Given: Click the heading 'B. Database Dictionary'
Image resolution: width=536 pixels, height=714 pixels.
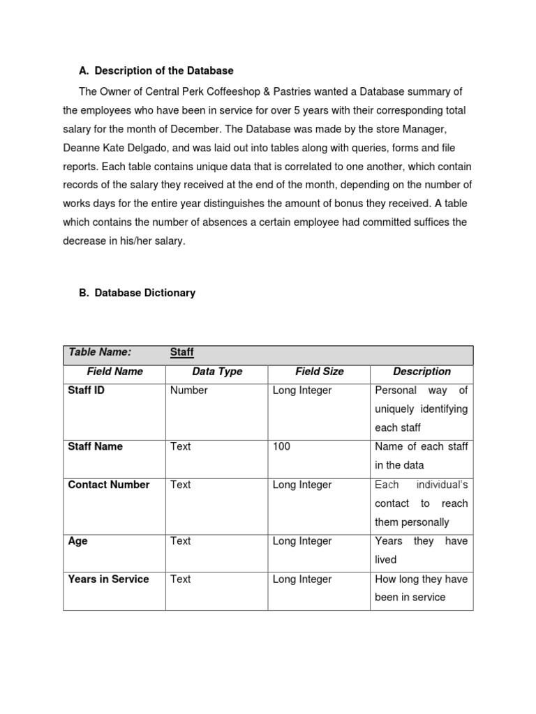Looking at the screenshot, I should [137, 293].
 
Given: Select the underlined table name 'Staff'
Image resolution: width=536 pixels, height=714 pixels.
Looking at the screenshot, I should [181, 352].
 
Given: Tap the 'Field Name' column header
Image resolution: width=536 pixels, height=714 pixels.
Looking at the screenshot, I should [114, 372].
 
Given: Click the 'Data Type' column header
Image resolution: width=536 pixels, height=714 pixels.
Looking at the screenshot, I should [217, 372].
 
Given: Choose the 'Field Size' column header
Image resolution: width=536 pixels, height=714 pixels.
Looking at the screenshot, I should [319, 372].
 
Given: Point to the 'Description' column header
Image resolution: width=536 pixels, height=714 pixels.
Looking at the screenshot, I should [422, 372].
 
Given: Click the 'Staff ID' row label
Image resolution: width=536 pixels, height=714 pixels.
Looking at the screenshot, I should [86, 390].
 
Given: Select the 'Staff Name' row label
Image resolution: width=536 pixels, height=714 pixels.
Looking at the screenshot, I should [95, 446].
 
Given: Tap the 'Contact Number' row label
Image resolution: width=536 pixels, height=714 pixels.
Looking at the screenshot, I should [109, 485].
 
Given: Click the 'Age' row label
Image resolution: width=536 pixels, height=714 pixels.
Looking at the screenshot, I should [77, 541].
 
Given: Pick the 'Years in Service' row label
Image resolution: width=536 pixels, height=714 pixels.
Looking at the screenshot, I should [108, 579].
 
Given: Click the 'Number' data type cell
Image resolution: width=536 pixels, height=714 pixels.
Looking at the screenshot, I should [188, 390].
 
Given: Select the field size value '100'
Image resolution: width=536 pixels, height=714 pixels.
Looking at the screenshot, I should [281, 446].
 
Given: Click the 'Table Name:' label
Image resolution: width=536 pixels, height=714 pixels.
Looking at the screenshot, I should [100, 352].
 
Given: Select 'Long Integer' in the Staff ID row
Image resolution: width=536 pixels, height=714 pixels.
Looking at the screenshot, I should [302, 390].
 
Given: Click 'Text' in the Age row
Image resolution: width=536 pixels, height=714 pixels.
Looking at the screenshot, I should [180, 541].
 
